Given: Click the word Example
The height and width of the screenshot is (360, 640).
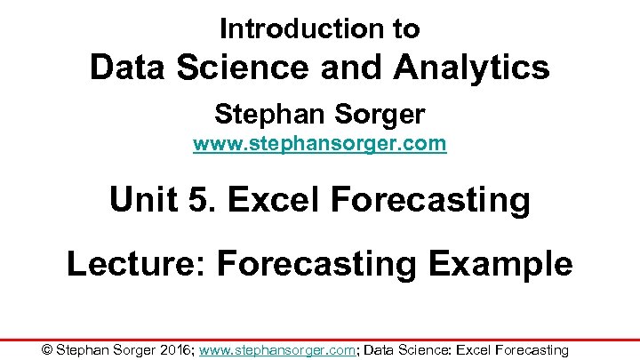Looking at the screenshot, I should (507, 264).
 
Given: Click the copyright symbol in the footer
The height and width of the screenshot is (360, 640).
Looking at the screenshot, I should (47, 350).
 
